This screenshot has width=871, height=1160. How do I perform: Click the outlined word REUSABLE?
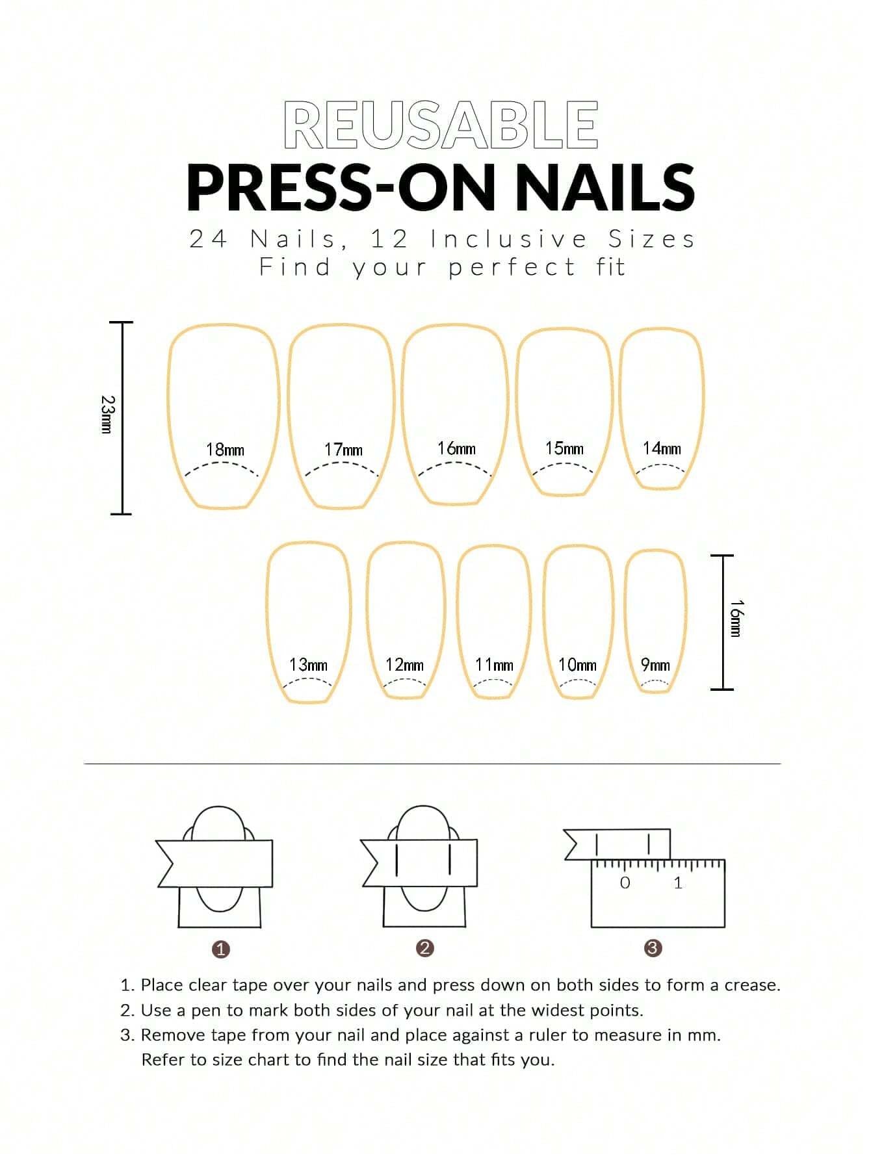point(441,125)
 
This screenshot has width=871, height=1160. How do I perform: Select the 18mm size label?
point(225,450)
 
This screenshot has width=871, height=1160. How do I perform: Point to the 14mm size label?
point(662,448)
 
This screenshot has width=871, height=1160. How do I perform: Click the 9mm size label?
point(655,665)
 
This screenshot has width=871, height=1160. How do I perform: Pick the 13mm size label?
point(308,665)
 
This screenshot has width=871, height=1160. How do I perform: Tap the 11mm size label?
point(494,665)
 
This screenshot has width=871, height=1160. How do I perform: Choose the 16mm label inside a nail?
point(456,448)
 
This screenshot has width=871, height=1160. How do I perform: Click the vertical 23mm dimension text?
point(108,415)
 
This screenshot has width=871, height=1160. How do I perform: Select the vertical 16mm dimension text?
point(735,619)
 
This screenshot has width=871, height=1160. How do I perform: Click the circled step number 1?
point(221,949)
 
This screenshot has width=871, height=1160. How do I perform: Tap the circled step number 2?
point(424,948)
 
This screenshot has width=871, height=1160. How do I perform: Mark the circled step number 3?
point(653,948)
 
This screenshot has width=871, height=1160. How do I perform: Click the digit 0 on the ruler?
point(625,883)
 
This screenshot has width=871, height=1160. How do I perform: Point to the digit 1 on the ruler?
point(678,883)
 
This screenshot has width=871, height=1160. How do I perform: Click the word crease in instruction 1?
point(752,985)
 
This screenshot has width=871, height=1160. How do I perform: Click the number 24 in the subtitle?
point(207,239)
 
